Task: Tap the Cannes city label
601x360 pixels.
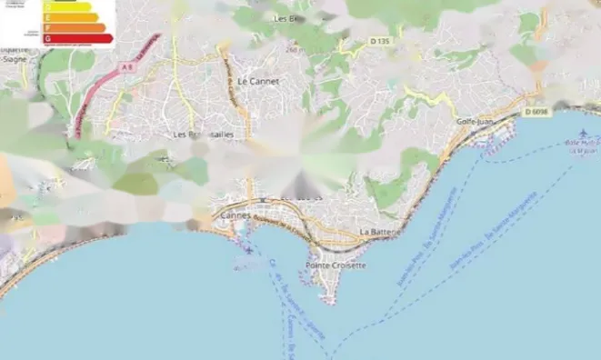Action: point(235,215)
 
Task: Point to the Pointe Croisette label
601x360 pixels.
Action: point(336,265)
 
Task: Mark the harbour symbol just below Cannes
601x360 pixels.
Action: point(247,248)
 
